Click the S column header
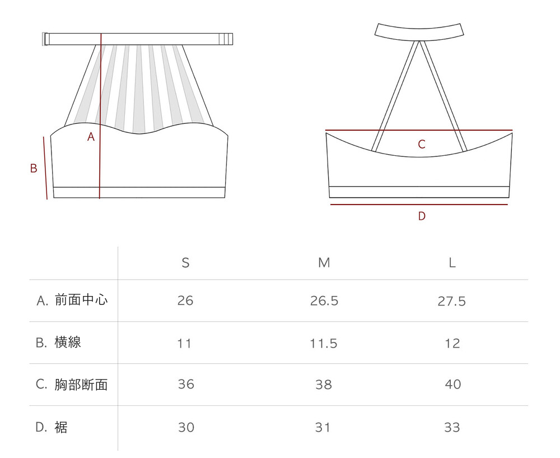(185, 263)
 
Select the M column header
(324, 263)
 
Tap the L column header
(452, 263)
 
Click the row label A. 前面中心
(72, 300)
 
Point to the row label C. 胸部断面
(72, 385)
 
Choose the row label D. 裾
(52, 427)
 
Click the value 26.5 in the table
(324, 301)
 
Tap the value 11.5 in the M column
(324, 343)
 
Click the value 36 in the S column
(185, 385)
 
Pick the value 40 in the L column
(452, 385)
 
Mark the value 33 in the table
(452, 427)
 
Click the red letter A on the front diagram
(91, 137)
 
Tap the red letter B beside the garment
(34, 168)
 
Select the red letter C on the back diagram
(422, 145)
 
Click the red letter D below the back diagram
(422, 216)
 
